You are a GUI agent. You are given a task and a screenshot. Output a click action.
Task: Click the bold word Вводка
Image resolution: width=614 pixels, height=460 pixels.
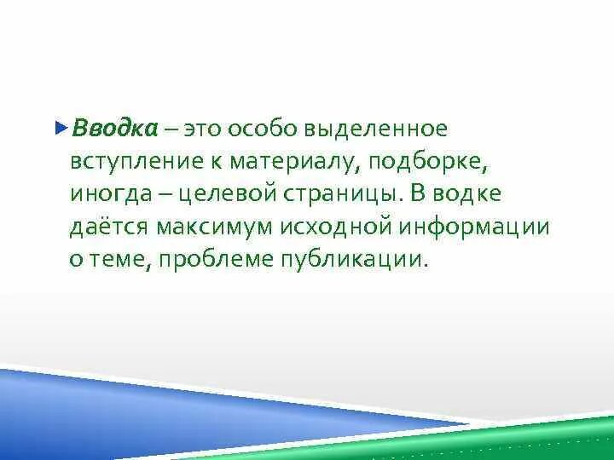pos(115,129)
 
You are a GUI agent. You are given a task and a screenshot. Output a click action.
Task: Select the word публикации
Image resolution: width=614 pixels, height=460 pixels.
pos(351,259)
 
